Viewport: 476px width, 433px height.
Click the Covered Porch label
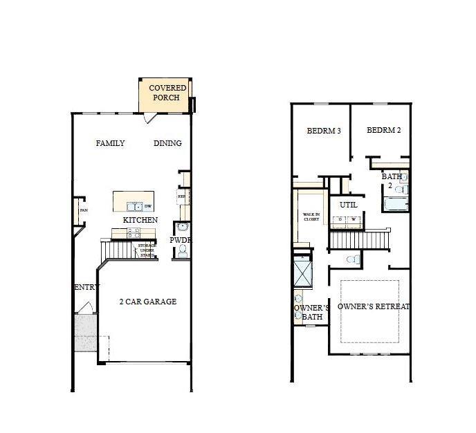167,93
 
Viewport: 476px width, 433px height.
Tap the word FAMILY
111,144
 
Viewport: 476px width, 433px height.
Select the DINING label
167,144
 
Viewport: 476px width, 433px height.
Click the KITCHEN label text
140,220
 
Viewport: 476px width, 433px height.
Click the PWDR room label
180,240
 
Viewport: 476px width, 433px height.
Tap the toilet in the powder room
182,253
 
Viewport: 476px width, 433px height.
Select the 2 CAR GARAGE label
147,302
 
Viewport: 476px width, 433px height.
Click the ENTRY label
86,287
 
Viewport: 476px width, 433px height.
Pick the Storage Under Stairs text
147,250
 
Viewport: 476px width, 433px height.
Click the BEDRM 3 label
324,131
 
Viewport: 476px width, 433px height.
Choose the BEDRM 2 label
384,131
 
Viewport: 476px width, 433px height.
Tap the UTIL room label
348,205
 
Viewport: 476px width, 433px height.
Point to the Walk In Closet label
311,217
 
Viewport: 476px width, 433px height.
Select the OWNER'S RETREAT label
374,306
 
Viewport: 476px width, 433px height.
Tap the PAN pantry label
83,211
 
